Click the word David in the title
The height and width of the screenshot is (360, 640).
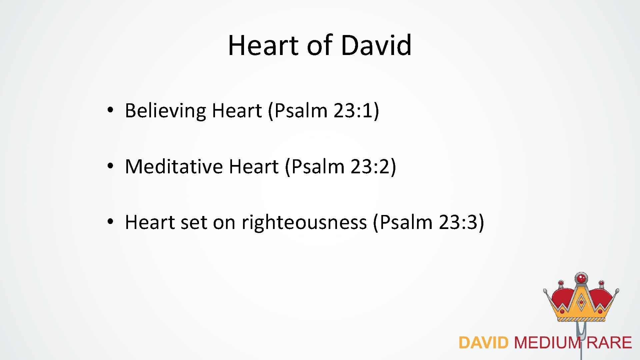click(x=376, y=45)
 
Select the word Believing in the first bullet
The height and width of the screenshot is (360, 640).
click(x=165, y=111)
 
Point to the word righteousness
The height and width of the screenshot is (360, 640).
click(x=304, y=222)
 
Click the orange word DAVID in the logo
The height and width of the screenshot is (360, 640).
click(x=483, y=343)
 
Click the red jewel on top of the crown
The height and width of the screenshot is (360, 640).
click(x=581, y=278)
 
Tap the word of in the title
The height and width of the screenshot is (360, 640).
click(x=319, y=45)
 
